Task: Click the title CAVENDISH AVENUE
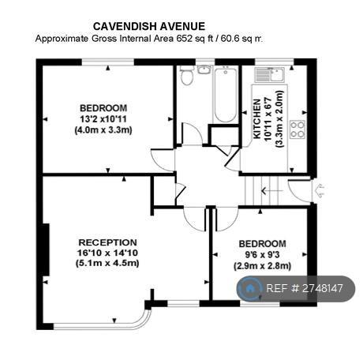click(x=149, y=27)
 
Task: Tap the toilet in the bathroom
click(x=187, y=75)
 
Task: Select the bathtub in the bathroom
click(x=226, y=94)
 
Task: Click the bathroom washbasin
click(x=204, y=69)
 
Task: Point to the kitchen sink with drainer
click(x=269, y=75)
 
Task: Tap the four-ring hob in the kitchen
click(x=298, y=129)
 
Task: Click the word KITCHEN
click(x=256, y=118)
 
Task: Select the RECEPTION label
click(x=107, y=242)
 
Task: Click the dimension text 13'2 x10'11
click(x=103, y=119)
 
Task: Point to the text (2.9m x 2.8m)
click(x=262, y=266)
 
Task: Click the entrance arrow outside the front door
click(x=320, y=191)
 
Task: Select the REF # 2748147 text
click(x=305, y=288)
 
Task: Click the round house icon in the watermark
click(x=249, y=289)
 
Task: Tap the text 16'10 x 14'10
click(x=107, y=253)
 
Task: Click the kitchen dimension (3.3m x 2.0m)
click(x=279, y=118)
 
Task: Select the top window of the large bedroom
click(x=108, y=62)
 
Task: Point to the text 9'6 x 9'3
click(x=262, y=255)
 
